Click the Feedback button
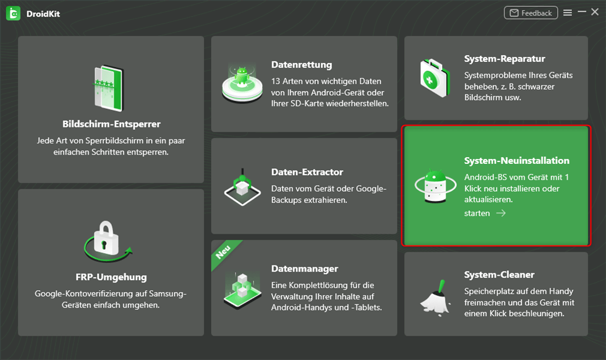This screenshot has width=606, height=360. click(x=531, y=13)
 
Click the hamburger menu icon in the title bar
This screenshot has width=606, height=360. click(x=568, y=13)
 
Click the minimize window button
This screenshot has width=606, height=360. click(x=582, y=12)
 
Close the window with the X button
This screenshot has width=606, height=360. click(x=596, y=12)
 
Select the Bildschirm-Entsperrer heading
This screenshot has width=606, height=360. click(x=111, y=124)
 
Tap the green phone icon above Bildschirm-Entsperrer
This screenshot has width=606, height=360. click(x=111, y=87)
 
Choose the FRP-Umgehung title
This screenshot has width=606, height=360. click(x=111, y=277)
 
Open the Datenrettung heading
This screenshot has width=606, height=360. click(x=302, y=64)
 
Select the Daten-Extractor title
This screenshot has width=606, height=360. click(x=307, y=172)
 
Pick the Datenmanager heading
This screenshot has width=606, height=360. click(x=305, y=268)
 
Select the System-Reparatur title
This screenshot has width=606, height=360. click(x=505, y=59)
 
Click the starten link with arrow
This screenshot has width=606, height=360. click(x=485, y=213)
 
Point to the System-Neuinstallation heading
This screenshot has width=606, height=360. click(x=517, y=160)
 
